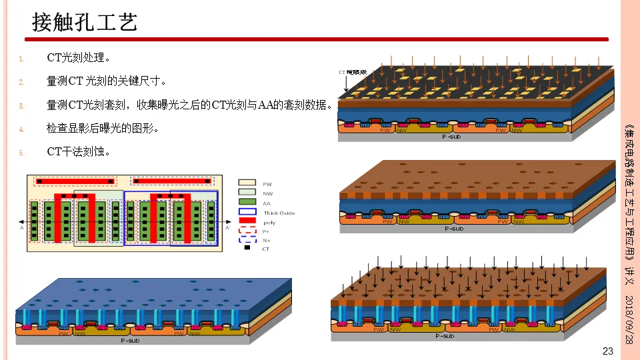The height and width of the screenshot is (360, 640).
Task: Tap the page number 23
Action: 607,351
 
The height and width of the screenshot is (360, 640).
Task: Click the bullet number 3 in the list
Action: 21,105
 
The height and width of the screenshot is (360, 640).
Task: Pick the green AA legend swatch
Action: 247,202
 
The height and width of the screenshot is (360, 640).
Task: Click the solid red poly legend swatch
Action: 247,221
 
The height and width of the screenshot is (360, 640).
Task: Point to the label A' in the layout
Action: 228,227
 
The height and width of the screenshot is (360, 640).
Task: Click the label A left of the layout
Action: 22,227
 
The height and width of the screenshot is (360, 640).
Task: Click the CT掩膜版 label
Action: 353,72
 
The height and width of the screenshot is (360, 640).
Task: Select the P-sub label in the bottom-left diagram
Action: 130,340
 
